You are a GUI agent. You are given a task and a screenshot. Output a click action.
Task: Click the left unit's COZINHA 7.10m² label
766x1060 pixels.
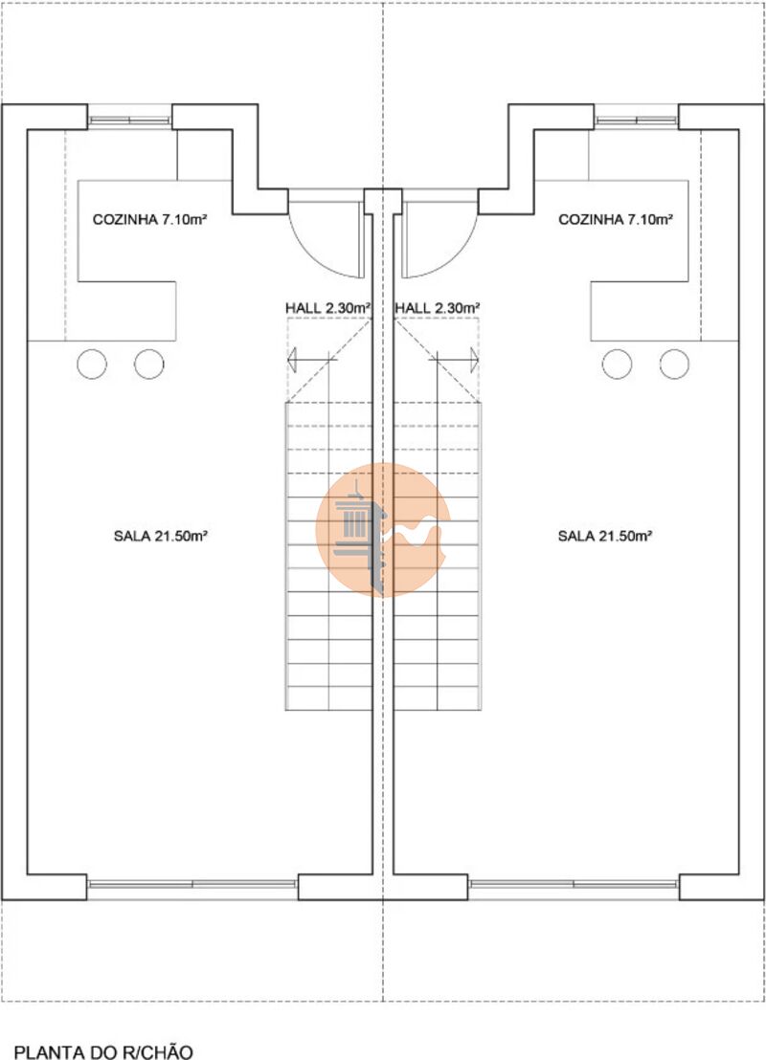(149, 220)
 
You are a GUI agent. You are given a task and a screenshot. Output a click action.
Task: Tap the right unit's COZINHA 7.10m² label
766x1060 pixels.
(615, 220)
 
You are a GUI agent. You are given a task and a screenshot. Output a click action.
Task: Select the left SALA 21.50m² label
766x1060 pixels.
(160, 536)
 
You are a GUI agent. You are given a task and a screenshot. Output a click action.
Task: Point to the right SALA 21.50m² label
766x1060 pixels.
(605, 536)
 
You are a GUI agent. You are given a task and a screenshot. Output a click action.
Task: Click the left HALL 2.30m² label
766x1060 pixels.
(328, 308)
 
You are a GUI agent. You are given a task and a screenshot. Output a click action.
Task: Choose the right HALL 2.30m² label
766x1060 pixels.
(438, 308)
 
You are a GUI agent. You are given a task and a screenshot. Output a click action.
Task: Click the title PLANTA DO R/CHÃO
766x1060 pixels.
(103, 1052)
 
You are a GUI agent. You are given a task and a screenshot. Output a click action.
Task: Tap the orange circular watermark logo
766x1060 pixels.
(383, 529)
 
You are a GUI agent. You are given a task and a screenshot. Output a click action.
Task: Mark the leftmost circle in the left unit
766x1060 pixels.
(92, 364)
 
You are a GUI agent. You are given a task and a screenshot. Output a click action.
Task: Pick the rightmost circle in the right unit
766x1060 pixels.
(675, 364)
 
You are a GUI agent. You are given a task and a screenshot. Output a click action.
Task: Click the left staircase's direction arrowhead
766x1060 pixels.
(292, 360)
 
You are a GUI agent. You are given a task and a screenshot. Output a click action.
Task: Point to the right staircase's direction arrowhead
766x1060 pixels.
(474, 360)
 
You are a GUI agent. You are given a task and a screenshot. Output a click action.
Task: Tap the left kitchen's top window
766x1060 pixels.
(129, 121)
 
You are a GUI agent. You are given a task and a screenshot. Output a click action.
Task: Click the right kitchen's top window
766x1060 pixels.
(636, 121)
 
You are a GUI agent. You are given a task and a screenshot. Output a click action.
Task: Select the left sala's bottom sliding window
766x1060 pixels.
(192, 884)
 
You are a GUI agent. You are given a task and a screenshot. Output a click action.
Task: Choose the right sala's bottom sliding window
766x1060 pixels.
(574, 884)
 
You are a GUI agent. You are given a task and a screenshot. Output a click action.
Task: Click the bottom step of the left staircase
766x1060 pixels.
(328, 698)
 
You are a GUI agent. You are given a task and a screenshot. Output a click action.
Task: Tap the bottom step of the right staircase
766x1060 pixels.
(438, 698)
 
